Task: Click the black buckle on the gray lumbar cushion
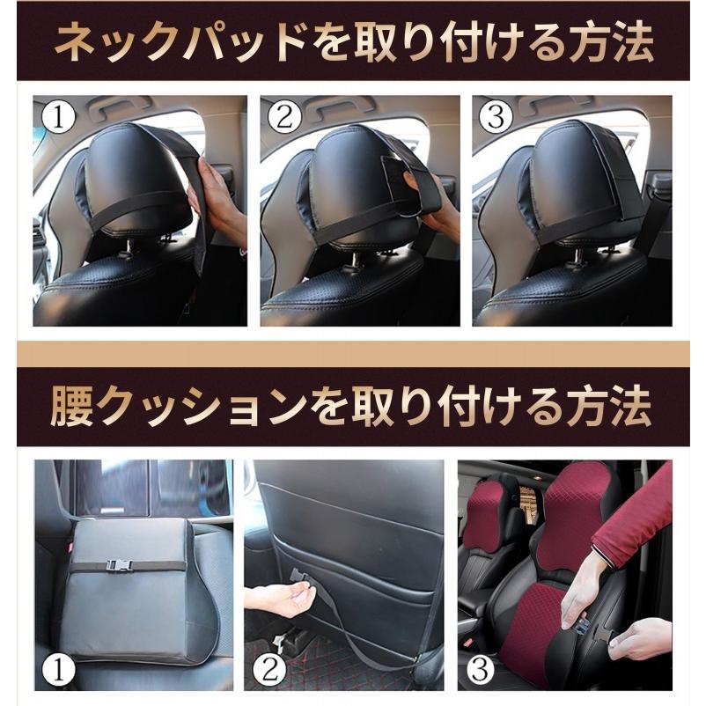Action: click(x=120, y=563)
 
